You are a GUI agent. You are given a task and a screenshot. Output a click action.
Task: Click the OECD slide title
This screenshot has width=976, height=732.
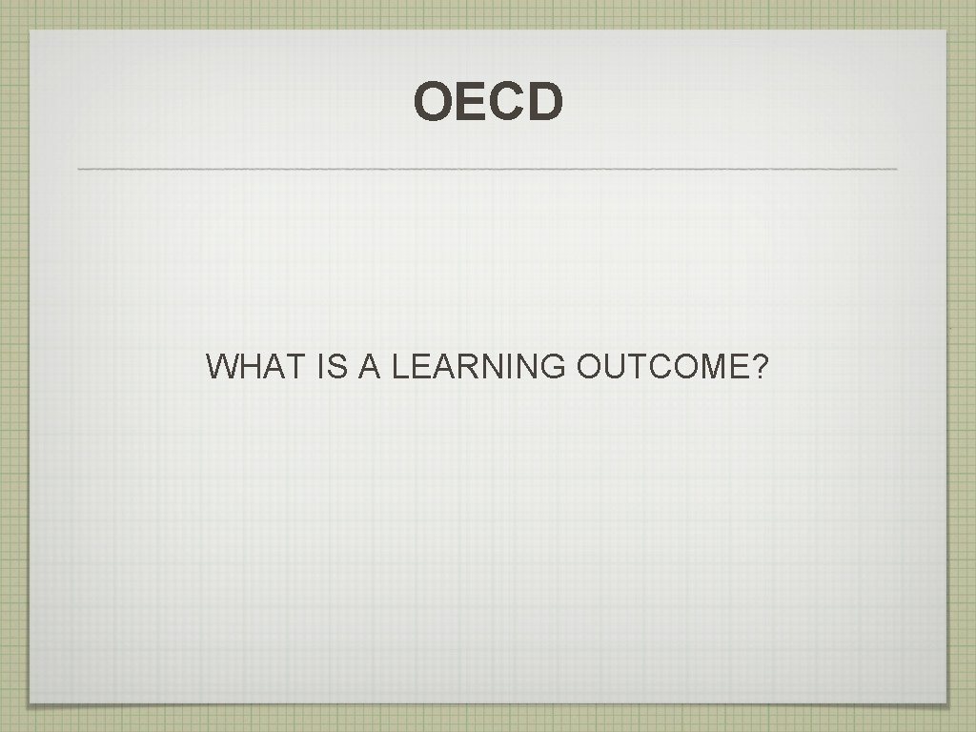pyautogui.click(x=488, y=103)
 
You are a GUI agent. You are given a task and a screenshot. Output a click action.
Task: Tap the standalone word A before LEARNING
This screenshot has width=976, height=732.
pyautogui.click(x=369, y=366)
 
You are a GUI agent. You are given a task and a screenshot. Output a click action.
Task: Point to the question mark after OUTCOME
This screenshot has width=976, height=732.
pyautogui.click(x=760, y=366)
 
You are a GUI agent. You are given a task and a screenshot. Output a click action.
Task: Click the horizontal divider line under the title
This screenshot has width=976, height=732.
pyautogui.click(x=487, y=169)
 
